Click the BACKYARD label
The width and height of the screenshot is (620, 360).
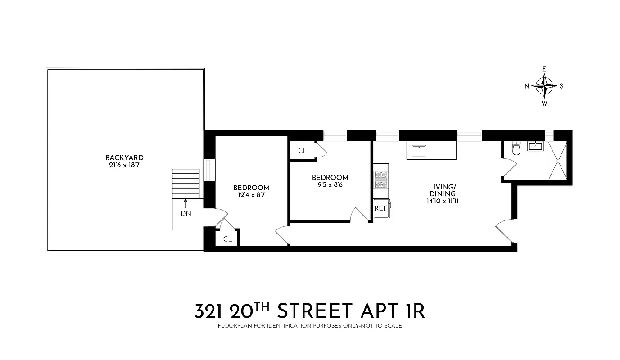pos(124,157)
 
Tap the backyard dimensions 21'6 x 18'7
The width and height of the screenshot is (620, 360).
pos(124,165)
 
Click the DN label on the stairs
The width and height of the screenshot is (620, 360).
pos(186,214)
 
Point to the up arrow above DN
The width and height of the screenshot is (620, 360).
pos(186,203)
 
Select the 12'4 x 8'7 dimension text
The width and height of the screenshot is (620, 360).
pos(251,195)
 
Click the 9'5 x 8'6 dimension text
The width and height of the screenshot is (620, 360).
pos(330,184)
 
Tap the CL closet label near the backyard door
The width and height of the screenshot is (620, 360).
pos(227,239)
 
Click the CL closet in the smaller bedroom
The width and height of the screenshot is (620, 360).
pos(303,151)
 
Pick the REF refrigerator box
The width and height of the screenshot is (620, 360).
pos(381,208)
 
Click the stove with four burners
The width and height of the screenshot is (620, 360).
pos(381,180)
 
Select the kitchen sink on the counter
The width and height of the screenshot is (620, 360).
pos(419,150)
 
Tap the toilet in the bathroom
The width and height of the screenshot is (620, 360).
pos(516,148)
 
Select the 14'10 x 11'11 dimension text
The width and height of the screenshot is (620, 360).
pos(442,201)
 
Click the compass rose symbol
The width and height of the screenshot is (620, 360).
pos(544,86)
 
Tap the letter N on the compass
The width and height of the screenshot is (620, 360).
pos(527,86)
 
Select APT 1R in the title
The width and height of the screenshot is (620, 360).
pos(397,311)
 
